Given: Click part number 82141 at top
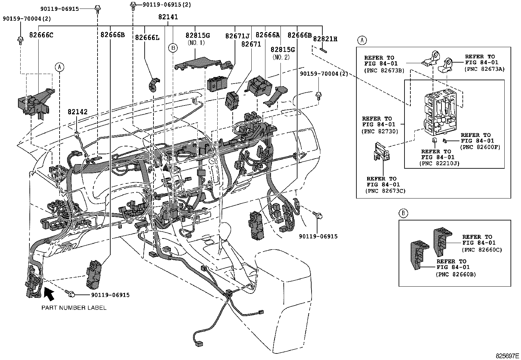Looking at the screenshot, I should click(x=168, y=17).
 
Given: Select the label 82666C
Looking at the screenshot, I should click(x=41, y=35).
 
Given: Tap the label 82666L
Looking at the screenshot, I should click(x=147, y=37).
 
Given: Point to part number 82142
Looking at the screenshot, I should click(x=78, y=112).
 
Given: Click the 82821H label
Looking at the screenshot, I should click(x=325, y=39).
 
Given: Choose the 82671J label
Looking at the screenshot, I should click(x=237, y=36).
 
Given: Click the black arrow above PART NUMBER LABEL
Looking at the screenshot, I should click(x=49, y=294).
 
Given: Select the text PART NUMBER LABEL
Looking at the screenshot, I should click(x=74, y=308).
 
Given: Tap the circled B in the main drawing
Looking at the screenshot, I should click(x=173, y=48).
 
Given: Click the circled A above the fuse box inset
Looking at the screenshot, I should click(x=361, y=40).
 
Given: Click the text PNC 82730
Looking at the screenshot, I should click(x=380, y=131).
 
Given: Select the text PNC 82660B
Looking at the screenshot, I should click(x=456, y=275).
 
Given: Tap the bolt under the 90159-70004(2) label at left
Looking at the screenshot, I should click(x=20, y=40).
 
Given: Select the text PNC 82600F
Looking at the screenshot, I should click(x=480, y=147).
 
